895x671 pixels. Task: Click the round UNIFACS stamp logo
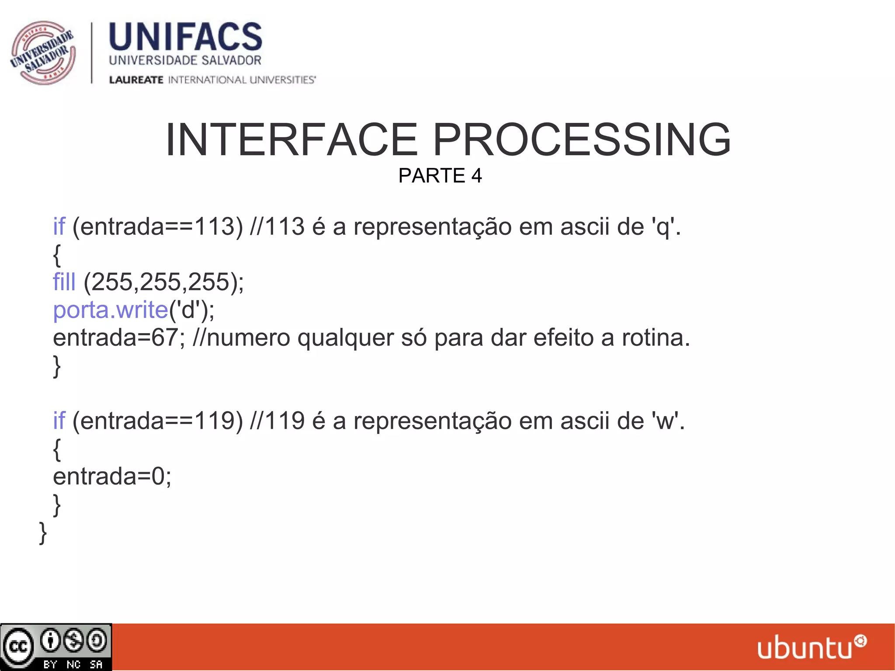pyautogui.click(x=43, y=52)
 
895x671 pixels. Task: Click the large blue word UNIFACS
pyautogui.click(x=185, y=37)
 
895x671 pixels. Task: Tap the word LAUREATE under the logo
pyautogui.click(x=136, y=80)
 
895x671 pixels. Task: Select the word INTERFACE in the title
pyautogui.click(x=291, y=140)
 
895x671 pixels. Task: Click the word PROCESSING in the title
pyautogui.click(x=582, y=140)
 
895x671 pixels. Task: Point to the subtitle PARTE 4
pyautogui.click(x=440, y=176)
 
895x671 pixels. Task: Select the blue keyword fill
pyautogui.click(x=64, y=282)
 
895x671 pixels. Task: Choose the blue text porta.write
pyautogui.click(x=110, y=310)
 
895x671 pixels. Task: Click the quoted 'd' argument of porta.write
pyautogui.click(x=188, y=310)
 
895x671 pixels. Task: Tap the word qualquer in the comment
pyautogui.click(x=346, y=338)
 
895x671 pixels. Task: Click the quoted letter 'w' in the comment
pyautogui.click(x=665, y=421)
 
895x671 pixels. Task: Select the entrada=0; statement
pyautogui.click(x=112, y=476)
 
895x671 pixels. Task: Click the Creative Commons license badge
pyautogui.click(x=56, y=647)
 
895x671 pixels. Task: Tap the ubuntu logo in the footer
pyautogui.click(x=811, y=647)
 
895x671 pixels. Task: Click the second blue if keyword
pyautogui.click(x=59, y=421)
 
